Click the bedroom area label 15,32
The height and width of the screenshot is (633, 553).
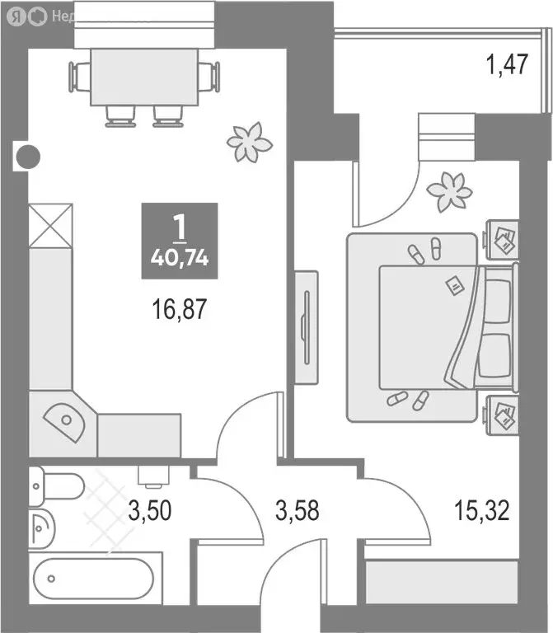pos(480,510)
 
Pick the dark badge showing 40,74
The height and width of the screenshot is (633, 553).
pos(179,239)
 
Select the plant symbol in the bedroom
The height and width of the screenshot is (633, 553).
pos(449,191)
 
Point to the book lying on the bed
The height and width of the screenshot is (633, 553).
pos(452,285)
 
